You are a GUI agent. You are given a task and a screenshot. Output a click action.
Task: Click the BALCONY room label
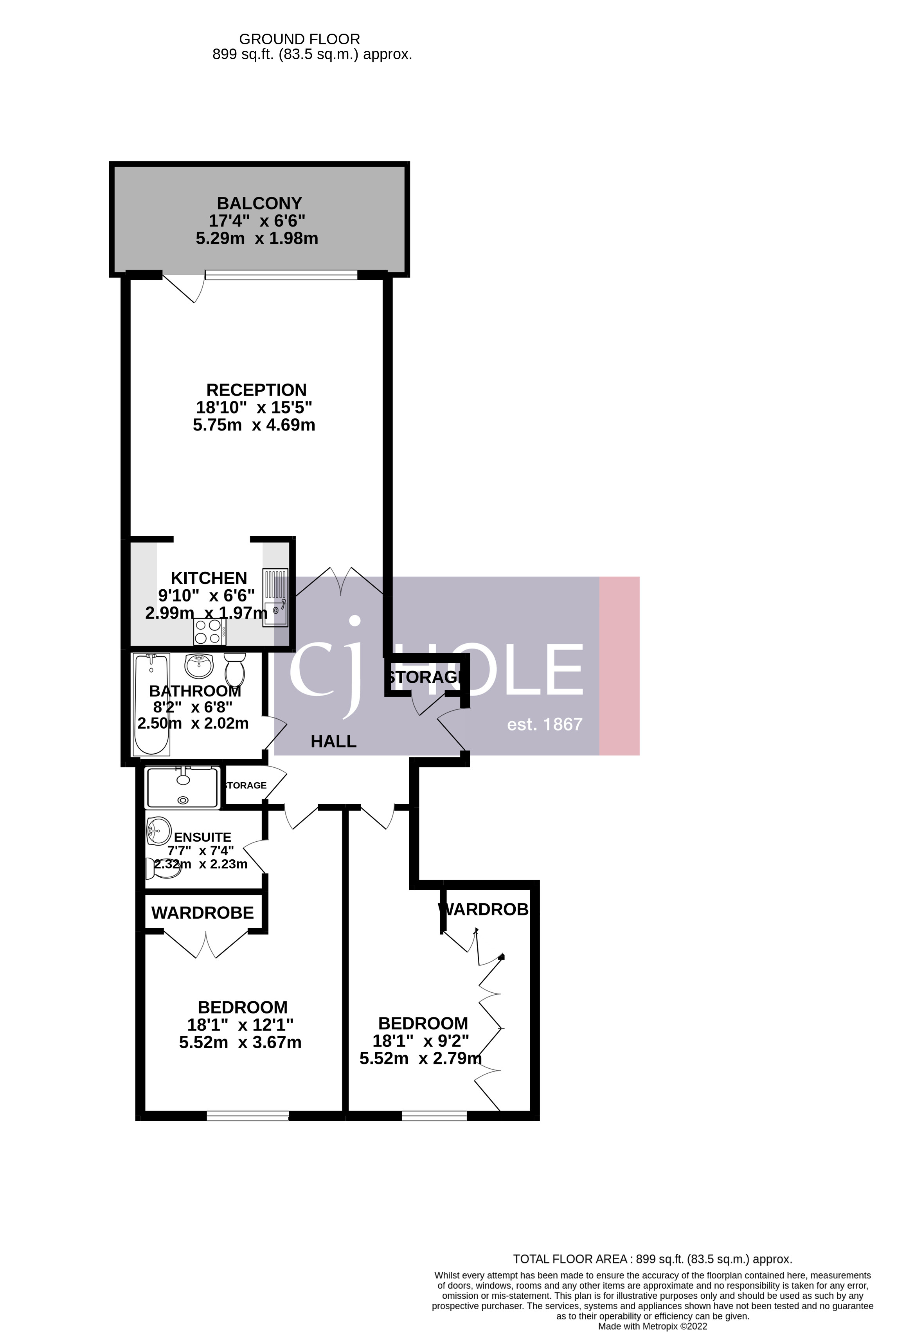tap(259, 203)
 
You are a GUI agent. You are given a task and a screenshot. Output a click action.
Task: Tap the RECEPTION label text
tap(256, 390)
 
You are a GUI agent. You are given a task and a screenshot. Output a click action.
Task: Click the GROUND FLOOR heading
tap(299, 40)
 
